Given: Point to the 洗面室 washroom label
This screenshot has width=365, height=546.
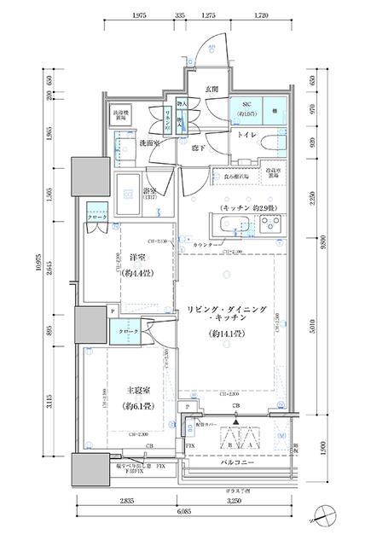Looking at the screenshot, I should click(128, 143).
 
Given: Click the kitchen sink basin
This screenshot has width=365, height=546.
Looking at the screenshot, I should click(231, 226).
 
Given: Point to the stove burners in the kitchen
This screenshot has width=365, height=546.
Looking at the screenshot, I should click(272, 225).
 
